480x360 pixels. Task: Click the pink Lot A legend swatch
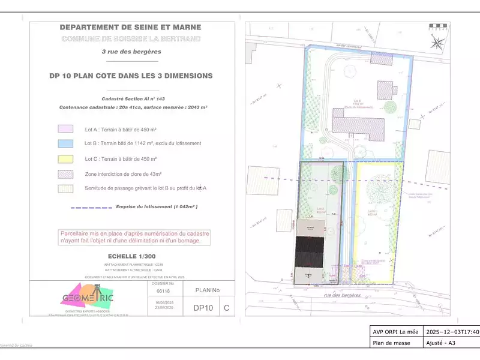click(65, 129)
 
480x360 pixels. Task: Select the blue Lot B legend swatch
click(65, 143)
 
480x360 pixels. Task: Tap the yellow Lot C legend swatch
click(65, 159)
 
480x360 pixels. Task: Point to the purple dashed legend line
click(91, 207)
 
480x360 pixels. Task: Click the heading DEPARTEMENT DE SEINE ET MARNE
click(130, 27)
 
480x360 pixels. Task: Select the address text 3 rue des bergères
click(131, 52)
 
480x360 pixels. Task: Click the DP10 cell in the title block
click(203, 308)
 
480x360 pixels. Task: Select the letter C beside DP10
click(226, 308)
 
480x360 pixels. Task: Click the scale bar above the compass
click(437, 27)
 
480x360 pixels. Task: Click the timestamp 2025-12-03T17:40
click(451, 331)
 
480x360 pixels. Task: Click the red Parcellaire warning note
click(131, 237)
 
